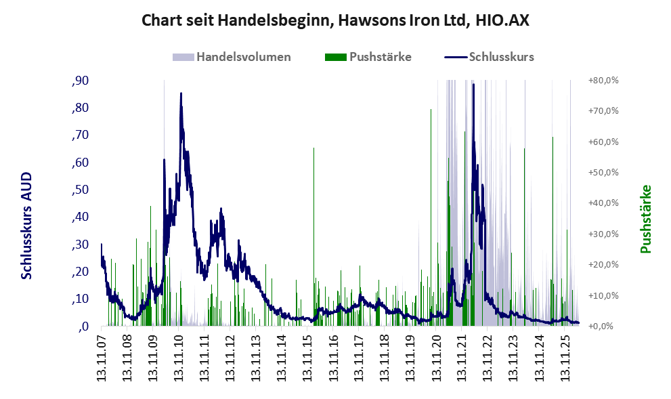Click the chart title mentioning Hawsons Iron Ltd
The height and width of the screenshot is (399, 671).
point(335,20)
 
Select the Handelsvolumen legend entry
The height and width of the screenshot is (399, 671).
point(232,57)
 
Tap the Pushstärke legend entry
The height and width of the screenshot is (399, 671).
point(368,57)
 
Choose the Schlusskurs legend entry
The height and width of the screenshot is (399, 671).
point(489,57)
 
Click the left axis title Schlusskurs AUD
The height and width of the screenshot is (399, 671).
point(26,226)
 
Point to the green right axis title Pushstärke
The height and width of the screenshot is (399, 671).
point(645,219)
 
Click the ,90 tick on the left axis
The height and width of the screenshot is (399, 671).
point(81,81)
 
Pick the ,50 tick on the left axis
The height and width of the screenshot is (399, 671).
point(81,190)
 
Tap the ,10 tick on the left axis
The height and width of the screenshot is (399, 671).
point(81,299)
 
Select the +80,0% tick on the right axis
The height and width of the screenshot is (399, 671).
point(603,81)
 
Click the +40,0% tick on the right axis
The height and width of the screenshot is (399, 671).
point(603,203)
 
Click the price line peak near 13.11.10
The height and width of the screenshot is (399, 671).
point(181,93)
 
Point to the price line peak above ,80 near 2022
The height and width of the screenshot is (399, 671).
point(473,84)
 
